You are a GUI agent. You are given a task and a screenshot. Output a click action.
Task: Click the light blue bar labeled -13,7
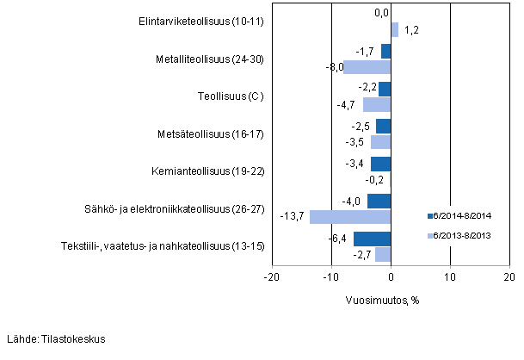coord(350,217)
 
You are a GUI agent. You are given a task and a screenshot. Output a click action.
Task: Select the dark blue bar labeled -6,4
coord(372,239)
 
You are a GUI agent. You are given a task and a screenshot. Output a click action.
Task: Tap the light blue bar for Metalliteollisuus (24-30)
coord(367,67)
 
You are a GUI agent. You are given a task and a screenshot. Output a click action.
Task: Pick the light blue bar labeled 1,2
coord(394,30)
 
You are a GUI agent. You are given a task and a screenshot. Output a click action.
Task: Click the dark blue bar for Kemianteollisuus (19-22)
coord(381,164)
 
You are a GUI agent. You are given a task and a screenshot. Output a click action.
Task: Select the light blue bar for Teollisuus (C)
coord(377,104)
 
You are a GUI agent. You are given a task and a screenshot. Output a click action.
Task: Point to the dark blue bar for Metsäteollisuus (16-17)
coord(384,127)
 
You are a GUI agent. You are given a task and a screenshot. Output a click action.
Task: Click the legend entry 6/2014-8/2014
coord(463,215)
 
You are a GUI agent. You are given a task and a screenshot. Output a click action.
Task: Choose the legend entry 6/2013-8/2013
coord(463,235)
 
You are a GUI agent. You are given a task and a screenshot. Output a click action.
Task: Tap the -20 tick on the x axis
coord(271,277)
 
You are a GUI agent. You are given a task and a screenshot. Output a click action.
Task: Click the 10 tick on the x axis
coord(449,277)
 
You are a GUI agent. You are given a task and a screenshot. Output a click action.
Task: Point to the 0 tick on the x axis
coord(391,277)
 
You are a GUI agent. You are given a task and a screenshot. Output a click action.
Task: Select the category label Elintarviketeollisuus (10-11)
coord(201,22)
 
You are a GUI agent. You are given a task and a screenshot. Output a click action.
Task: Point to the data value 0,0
coord(382,13)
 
